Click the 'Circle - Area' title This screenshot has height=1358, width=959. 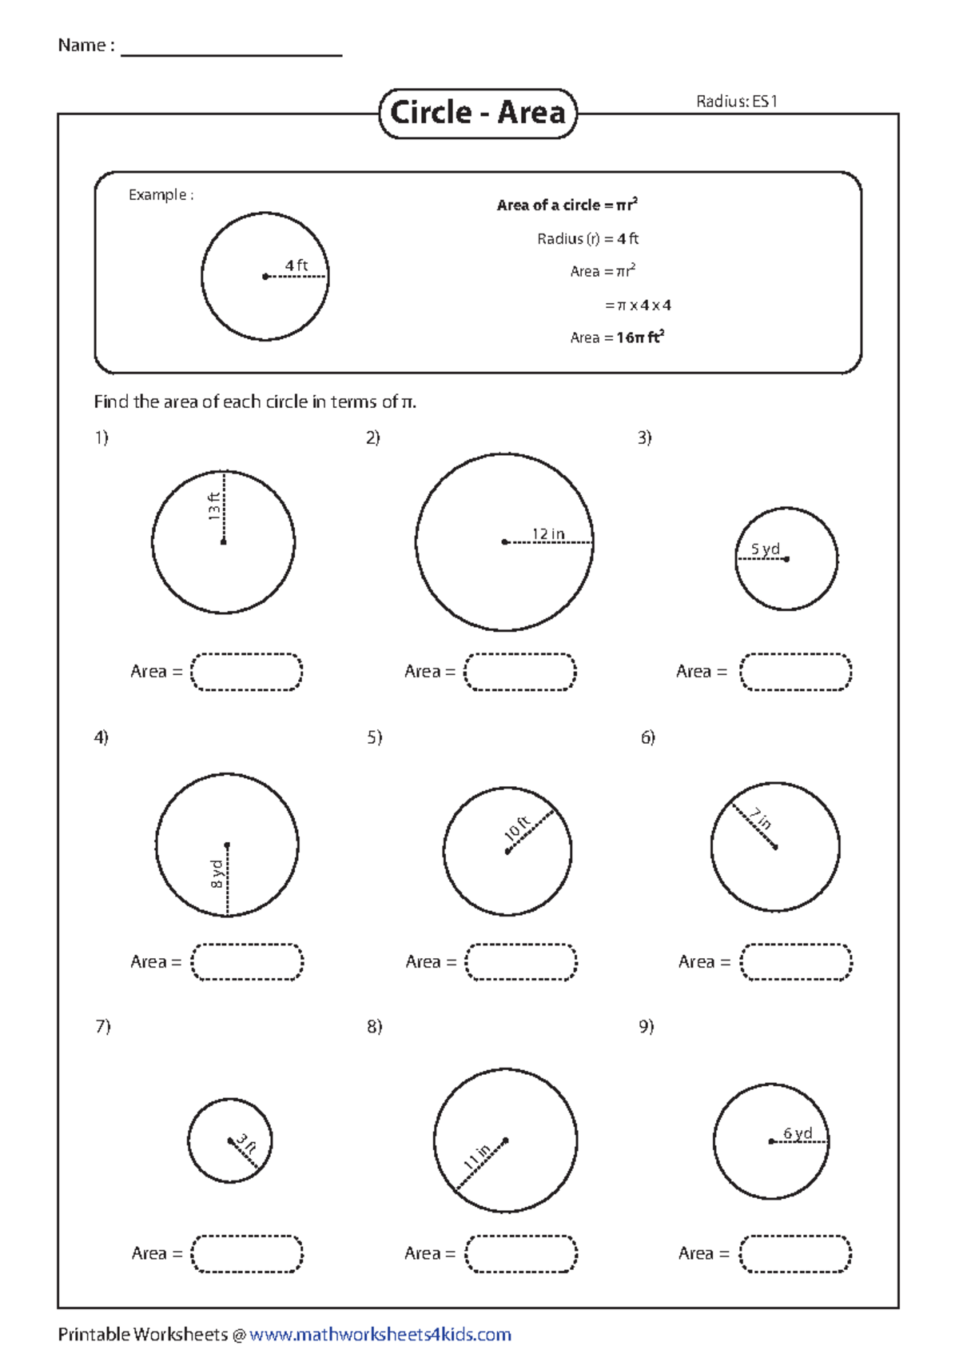pos(477,113)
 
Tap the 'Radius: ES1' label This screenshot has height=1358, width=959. pos(736,101)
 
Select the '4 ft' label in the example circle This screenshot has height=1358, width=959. pos(296,265)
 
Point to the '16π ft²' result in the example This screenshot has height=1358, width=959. pos(640,338)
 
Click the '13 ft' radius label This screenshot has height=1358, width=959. pos(213,506)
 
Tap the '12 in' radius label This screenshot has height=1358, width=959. pos(548,533)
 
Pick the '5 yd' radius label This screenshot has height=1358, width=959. pos(765,549)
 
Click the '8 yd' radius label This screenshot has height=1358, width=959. pos(217,873)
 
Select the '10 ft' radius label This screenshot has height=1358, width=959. pos(517,828)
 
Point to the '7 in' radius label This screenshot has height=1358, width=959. pos(760,818)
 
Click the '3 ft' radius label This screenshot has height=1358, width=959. pos(246,1144)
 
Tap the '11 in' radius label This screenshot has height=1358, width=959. pos(477,1156)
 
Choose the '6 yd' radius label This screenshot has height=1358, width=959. pos(798,1132)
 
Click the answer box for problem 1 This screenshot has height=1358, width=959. pos(246,672)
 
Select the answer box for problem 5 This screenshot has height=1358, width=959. pos(521,962)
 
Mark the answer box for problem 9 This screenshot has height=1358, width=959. pos(795,1253)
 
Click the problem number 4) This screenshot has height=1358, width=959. pos(101,737)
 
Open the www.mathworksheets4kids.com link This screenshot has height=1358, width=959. pos(380,1334)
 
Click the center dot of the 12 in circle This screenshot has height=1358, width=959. pos(504,542)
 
